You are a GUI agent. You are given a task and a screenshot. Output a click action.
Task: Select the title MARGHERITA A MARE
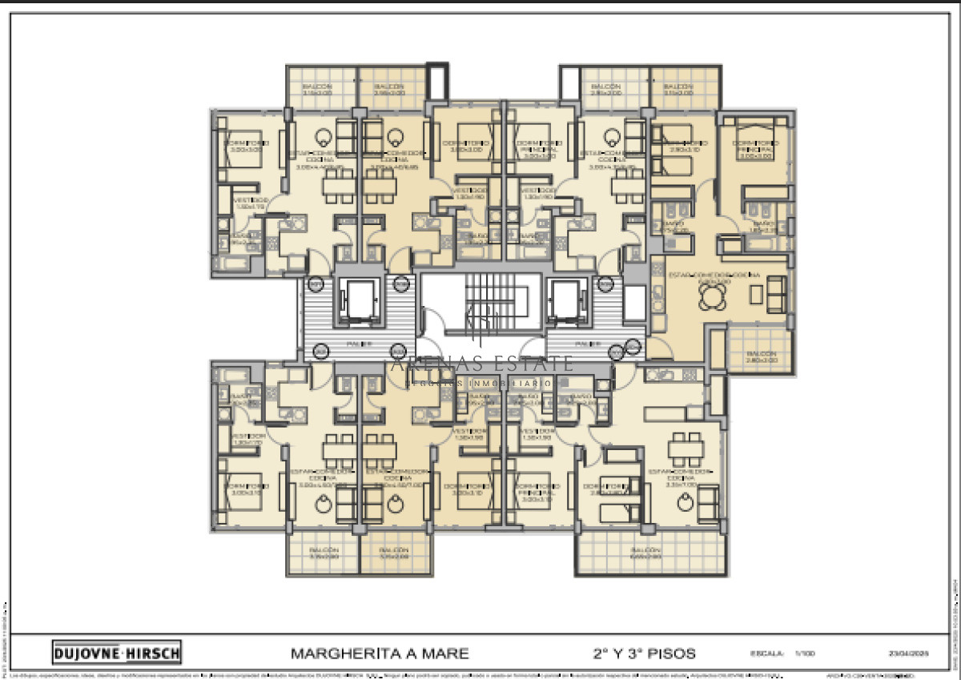[x=380, y=653]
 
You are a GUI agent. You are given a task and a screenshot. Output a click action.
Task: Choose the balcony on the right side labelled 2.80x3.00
[x=760, y=353]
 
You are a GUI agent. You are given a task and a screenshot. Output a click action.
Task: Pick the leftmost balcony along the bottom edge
[x=323, y=553]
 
